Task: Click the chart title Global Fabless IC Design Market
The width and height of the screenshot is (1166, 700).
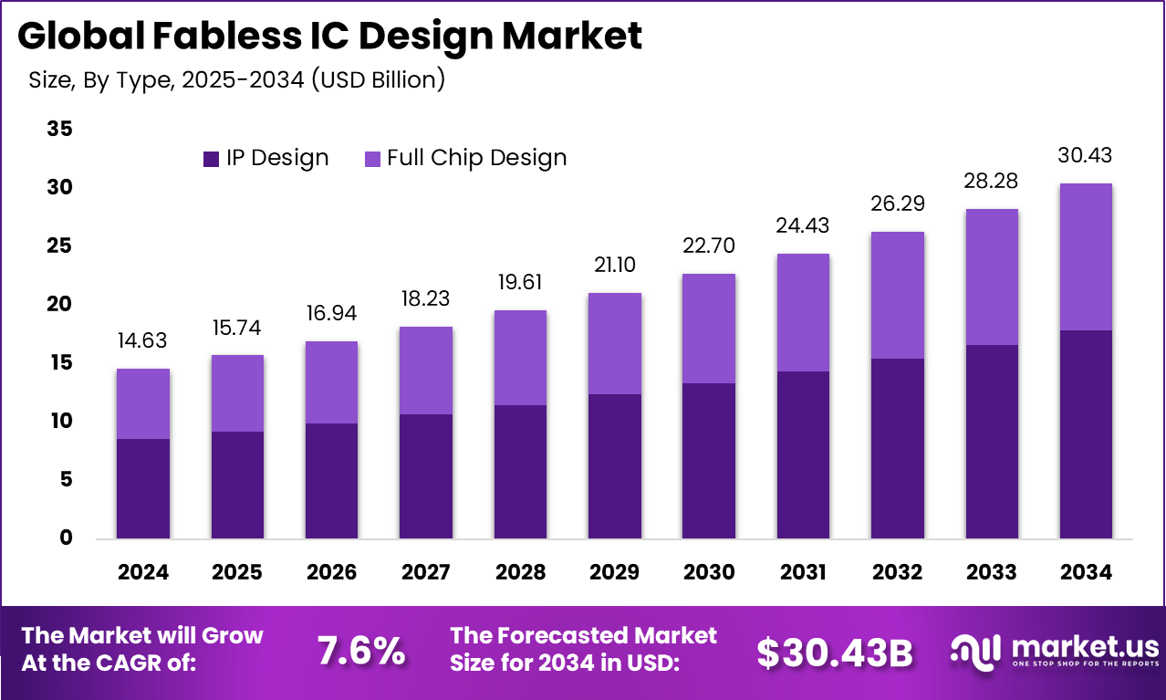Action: pos(329,37)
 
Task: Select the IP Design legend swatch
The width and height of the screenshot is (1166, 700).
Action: pos(211,159)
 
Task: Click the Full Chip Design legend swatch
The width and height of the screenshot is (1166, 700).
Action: pos(372,159)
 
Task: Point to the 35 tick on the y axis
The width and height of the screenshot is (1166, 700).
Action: pos(59,130)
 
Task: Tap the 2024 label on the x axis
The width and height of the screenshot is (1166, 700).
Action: pos(142,572)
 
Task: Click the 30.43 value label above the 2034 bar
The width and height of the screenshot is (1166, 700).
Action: pos(1085,156)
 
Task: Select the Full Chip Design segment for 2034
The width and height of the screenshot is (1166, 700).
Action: pos(1085,256)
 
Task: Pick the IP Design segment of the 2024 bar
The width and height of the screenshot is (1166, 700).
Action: pos(142,488)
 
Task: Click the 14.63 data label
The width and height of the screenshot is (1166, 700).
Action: pos(142,340)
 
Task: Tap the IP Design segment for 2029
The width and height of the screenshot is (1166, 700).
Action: pos(614,465)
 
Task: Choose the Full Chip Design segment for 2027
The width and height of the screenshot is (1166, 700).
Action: pos(425,371)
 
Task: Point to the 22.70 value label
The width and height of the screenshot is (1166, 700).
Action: pos(708,246)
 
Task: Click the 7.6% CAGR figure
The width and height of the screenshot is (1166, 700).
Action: pos(360,652)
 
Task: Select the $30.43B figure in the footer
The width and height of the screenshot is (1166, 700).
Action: pos(835,652)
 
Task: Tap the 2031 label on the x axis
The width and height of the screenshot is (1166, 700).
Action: pos(803,572)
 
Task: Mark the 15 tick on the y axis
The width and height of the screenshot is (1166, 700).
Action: pos(59,363)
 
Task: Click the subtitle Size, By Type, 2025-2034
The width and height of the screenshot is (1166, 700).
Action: pos(236,79)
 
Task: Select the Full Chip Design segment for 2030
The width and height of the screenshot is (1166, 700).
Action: pos(708,329)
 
